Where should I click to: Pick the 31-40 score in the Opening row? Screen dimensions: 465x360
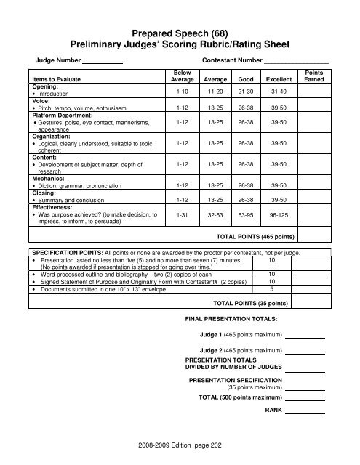click(x=279, y=92)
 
